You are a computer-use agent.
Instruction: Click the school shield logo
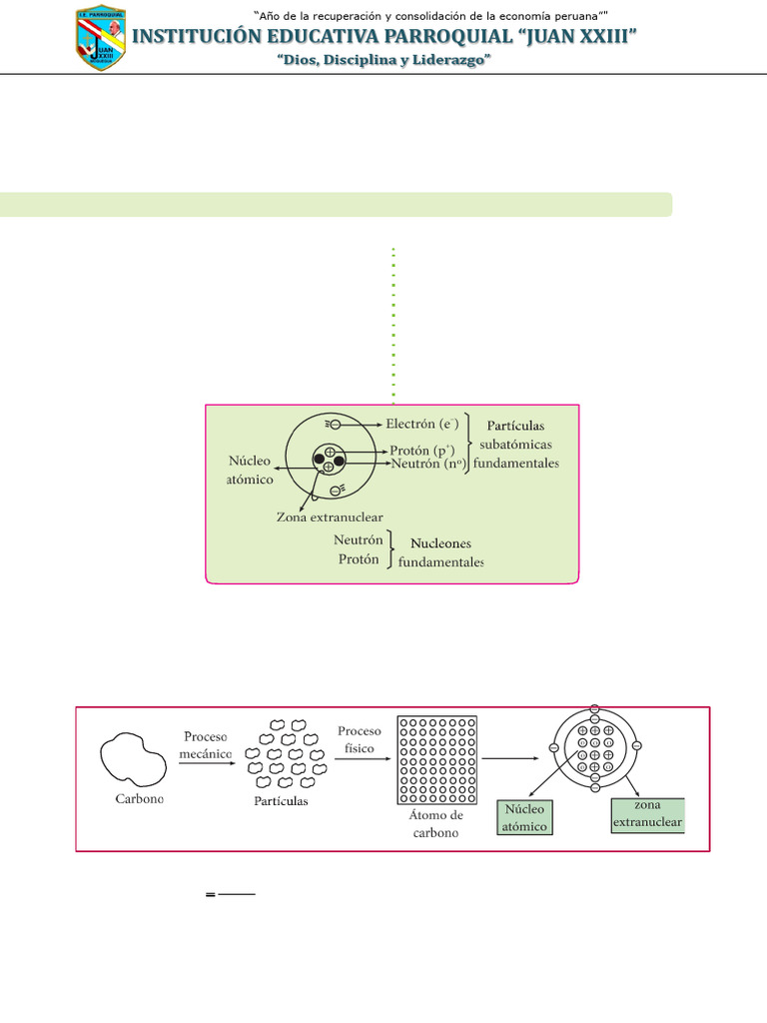tap(101, 38)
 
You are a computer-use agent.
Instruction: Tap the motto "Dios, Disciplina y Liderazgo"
tap(384, 60)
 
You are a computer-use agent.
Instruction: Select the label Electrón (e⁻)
tap(422, 424)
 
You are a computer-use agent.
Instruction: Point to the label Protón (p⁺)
tap(422, 451)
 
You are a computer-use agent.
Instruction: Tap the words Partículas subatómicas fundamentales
tap(515, 445)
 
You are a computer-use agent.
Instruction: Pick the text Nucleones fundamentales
tap(440, 552)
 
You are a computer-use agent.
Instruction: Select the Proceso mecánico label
tap(206, 745)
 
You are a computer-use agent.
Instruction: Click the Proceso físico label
tap(360, 738)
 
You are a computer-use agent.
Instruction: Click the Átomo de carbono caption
tap(437, 824)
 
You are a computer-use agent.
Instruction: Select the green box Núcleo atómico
tap(523, 817)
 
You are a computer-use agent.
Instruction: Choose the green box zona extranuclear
tap(646, 814)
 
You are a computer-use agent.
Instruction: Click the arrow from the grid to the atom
tap(509, 757)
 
